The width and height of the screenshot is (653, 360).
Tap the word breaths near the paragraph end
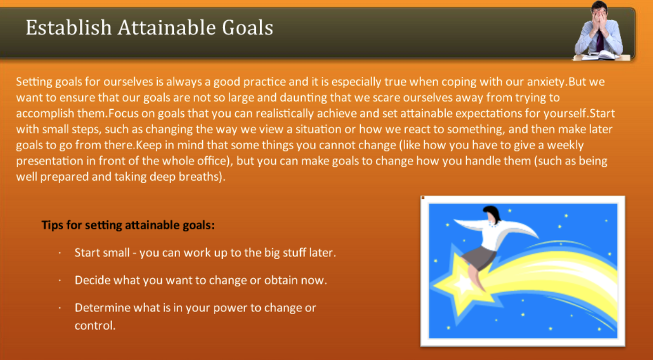click(201, 177)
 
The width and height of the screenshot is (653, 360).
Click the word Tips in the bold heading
click(53, 225)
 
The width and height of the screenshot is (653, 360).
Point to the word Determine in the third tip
click(100, 308)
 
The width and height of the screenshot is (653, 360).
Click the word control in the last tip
click(94, 325)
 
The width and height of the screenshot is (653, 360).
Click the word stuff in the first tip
click(293, 252)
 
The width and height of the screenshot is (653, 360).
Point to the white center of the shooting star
click(462, 284)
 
